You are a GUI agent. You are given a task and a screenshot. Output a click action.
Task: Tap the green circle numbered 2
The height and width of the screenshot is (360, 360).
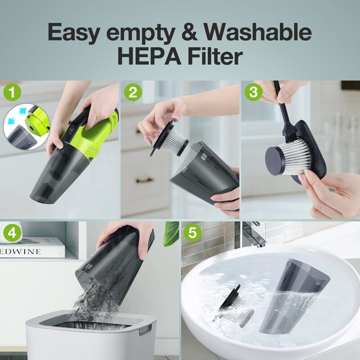[x=133, y=93]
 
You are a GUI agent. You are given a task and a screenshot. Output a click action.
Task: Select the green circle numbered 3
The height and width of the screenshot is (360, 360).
[x=253, y=93]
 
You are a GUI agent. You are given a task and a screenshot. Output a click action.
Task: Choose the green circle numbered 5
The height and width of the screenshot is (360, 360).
[x=193, y=233]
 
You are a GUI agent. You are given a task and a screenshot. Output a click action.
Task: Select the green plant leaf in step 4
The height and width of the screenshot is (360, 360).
[x=171, y=234]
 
